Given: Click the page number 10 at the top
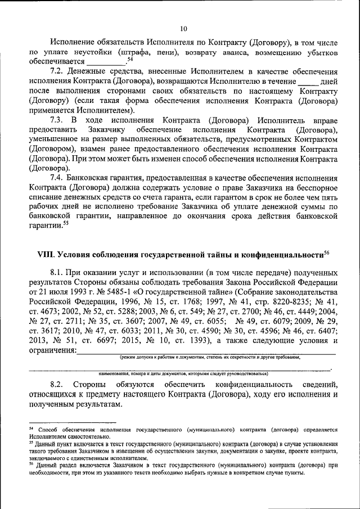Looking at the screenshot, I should pyautogui.click(x=183, y=29).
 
